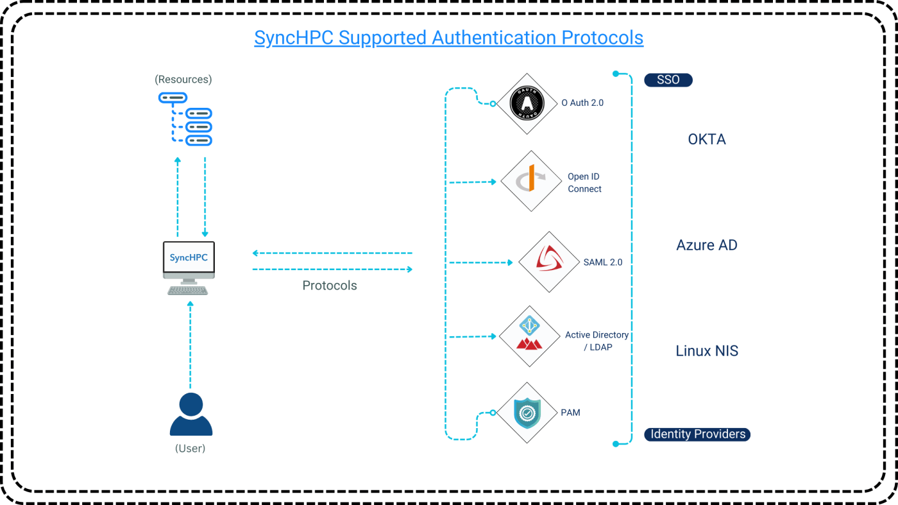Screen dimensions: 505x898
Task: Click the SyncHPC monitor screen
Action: pos(189,258)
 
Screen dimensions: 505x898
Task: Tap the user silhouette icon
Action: pos(191,415)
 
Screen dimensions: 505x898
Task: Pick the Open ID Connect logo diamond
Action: pos(530,182)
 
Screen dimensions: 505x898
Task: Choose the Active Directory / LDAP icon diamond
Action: pos(530,336)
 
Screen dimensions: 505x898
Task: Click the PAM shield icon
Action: pos(527,413)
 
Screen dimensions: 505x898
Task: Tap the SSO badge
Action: pos(668,80)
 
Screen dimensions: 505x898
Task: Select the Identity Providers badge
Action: pos(697,434)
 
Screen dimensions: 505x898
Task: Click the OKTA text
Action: pos(706,140)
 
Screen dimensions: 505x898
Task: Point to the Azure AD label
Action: pos(707,245)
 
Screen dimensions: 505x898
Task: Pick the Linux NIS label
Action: pos(707,351)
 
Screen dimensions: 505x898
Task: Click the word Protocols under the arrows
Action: pos(330,286)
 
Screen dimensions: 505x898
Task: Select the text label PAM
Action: pos(570,413)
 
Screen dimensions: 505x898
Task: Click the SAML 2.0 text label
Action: pos(603,262)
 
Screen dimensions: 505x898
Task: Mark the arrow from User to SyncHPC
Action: pos(190,343)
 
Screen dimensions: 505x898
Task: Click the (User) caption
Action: pos(190,449)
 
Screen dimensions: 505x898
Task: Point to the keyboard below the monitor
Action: pos(188,290)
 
